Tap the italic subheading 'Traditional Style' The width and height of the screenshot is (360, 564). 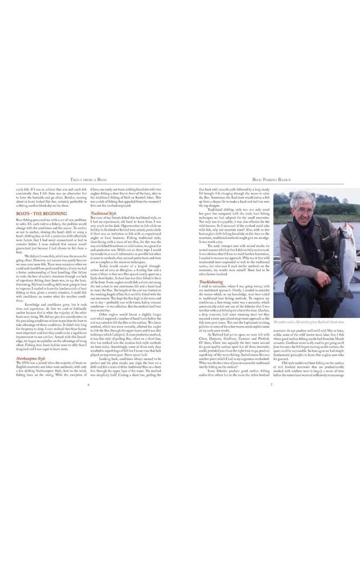tap(103, 213)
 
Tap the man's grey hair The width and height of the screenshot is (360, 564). tap(302, 199)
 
